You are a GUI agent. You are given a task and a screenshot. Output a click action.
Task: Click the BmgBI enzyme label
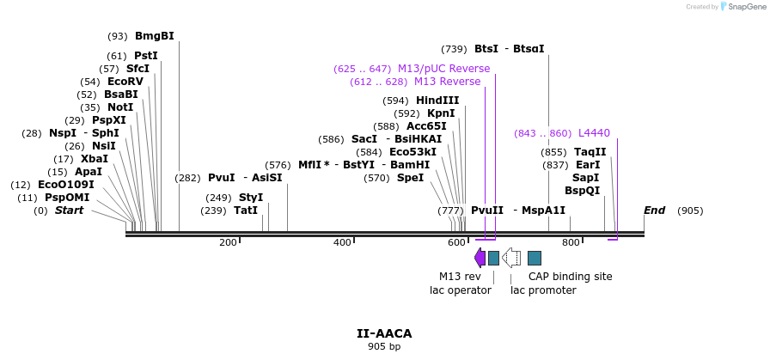(154, 36)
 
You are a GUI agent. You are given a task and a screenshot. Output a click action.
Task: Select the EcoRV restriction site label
(125, 82)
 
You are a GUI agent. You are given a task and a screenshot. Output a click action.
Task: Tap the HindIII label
(437, 101)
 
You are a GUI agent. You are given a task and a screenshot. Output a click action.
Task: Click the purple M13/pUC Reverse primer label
(443, 69)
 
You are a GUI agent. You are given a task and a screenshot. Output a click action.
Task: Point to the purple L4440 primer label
(594, 133)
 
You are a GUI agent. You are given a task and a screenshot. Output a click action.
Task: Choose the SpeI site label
(410, 178)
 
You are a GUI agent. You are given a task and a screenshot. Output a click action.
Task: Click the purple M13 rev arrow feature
(480, 258)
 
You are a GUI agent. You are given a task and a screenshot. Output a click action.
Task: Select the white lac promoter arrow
(511, 258)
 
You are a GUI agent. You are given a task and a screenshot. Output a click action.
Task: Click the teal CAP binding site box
(535, 258)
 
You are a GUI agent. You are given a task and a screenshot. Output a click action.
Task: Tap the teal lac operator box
(493, 258)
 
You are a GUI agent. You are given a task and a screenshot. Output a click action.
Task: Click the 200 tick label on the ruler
(228, 243)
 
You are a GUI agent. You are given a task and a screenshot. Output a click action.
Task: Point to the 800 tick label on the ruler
(571, 243)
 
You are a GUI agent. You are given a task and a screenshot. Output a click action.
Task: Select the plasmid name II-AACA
(384, 333)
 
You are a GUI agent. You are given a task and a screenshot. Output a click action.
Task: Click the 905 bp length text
(384, 347)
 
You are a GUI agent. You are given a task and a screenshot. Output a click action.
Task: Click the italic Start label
(69, 211)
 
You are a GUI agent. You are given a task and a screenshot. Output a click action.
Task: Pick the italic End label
(654, 211)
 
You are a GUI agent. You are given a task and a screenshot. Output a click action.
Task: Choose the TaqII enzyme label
(590, 152)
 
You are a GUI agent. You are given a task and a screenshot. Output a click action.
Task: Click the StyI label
(251, 198)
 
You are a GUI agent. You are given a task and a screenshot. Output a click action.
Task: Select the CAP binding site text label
(570, 277)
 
